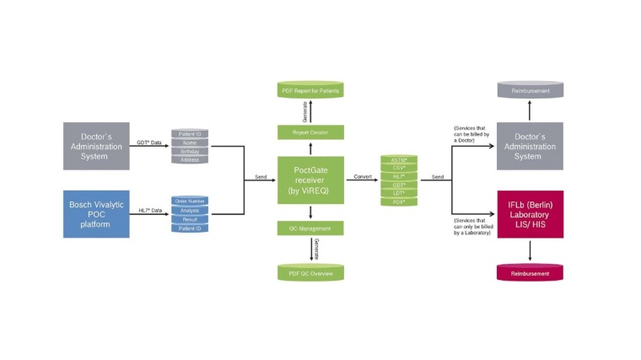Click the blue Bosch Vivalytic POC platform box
(x=96, y=213)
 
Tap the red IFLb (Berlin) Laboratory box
(x=530, y=213)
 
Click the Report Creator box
(x=310, y=132)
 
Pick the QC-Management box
(x=310, y=228)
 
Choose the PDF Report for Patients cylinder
(x=310, y=89)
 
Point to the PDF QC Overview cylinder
(x=310, y=272)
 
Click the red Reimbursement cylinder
(x=530, y=272)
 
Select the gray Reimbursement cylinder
(x=530, y=89)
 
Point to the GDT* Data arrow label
(x=150, y=142)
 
